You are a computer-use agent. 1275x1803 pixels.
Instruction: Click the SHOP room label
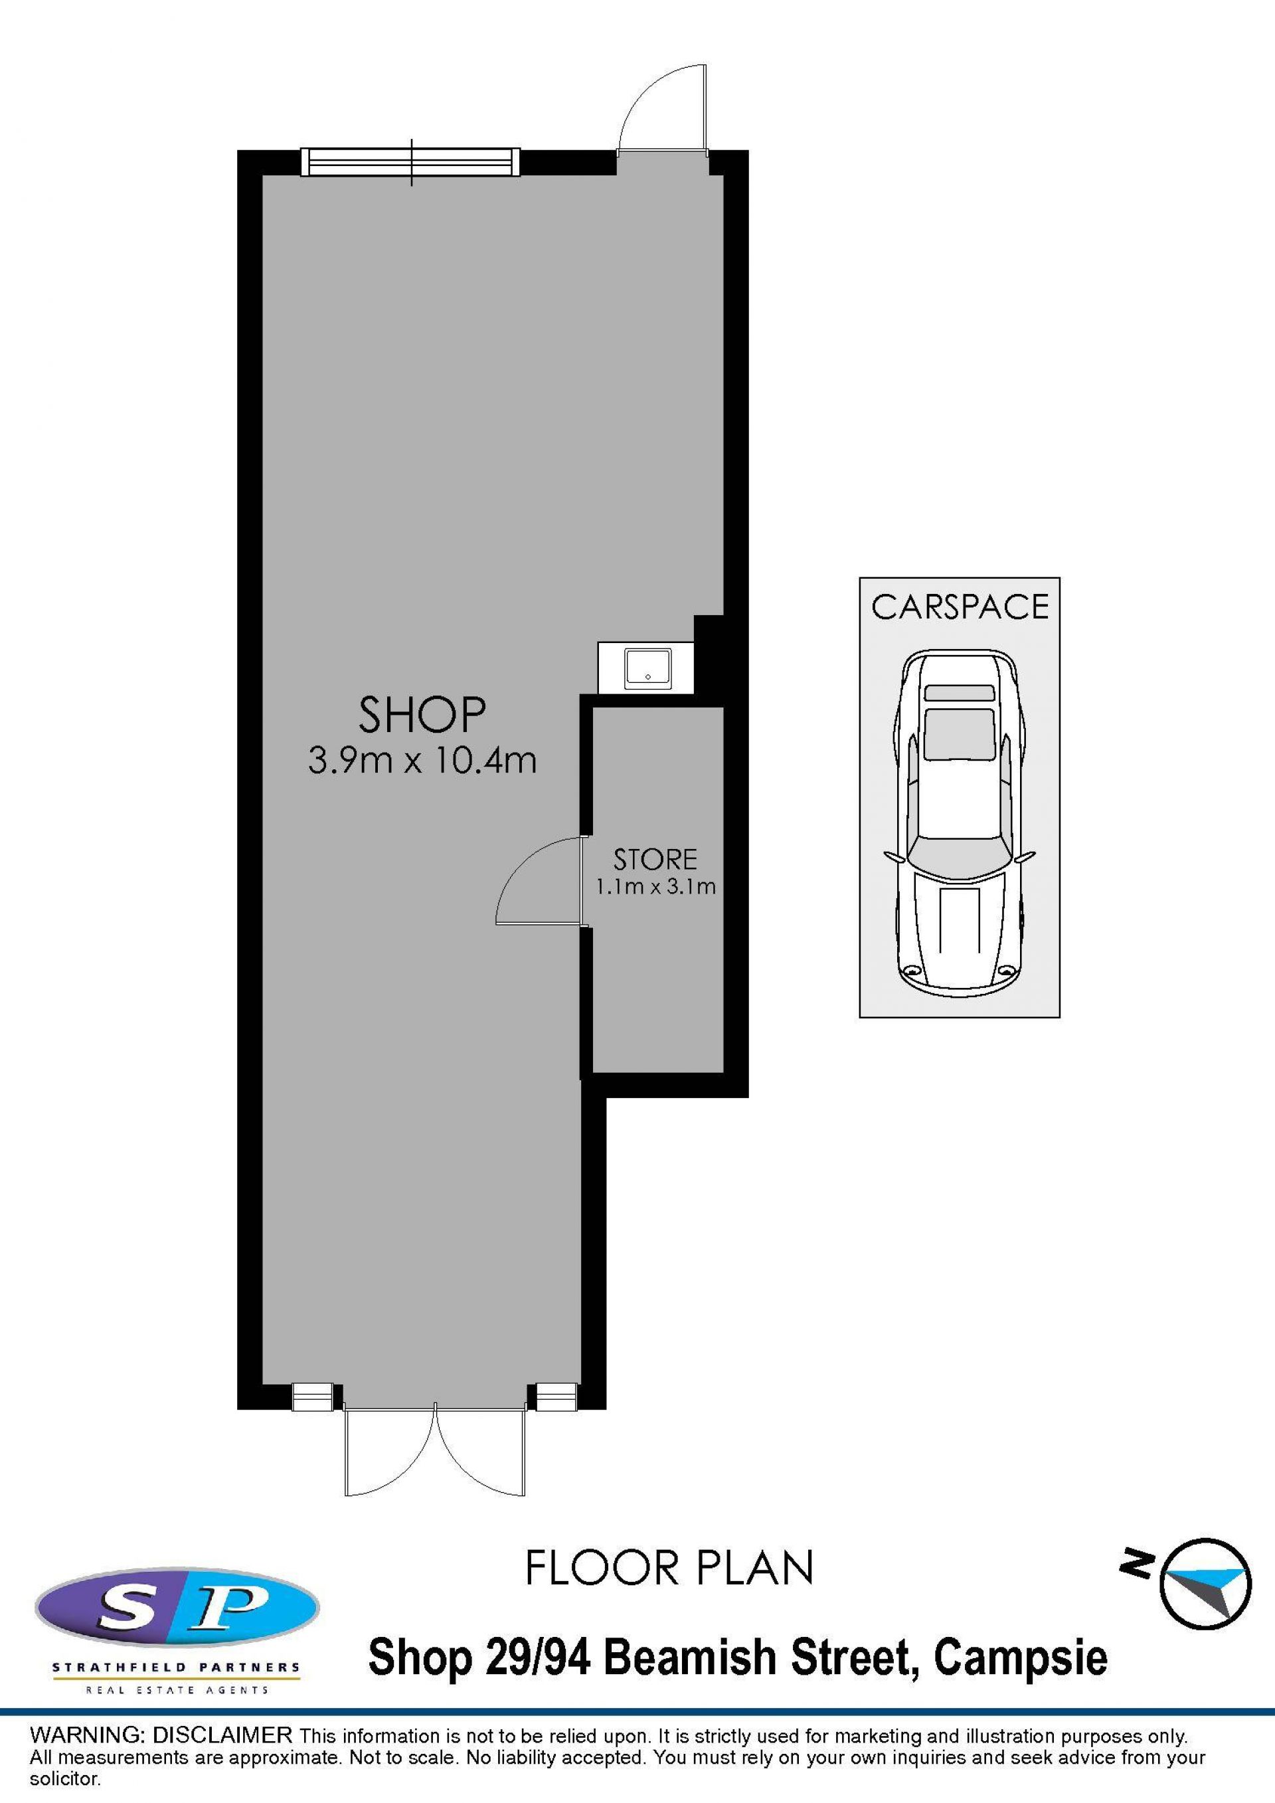click(x=422, y=715)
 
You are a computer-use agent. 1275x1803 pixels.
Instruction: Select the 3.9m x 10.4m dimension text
click(x=422, y=761)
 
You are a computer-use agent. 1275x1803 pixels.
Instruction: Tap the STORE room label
click(x=655, y=860)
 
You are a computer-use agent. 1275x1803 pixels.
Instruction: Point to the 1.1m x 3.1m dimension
click(x=655, y=888)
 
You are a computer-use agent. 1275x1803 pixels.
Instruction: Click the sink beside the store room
click(x=647, y=668)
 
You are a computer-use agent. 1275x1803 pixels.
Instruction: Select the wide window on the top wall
click(x=410, y=163)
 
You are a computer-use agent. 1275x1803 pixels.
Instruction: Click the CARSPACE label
click(x=960, y=607)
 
